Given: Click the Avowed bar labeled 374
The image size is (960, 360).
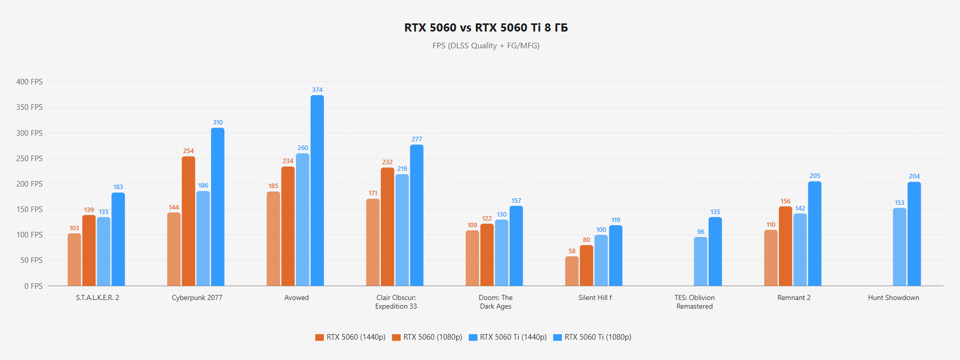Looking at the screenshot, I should (317, 191).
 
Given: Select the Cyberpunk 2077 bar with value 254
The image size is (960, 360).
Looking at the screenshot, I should (189, 221).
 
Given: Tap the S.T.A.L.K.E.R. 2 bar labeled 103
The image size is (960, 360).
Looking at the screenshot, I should (74, 259).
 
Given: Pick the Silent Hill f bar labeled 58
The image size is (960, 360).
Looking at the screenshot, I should (572, 271).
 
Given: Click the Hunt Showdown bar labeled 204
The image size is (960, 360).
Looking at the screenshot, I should (914, 234).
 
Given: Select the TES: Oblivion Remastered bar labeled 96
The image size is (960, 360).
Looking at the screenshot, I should (701, 261).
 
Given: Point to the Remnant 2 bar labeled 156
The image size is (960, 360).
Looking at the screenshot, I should (786, 246).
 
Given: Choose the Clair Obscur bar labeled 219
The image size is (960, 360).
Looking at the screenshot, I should (402, 230).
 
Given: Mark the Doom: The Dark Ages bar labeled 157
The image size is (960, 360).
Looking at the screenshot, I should (516, 246).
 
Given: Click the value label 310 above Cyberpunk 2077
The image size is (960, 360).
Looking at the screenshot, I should (218, 123).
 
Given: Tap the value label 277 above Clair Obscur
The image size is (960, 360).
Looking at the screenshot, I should (417, 139).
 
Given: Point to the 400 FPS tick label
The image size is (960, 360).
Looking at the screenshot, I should (29, 82).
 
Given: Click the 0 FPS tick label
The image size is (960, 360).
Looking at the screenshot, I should (34, 286).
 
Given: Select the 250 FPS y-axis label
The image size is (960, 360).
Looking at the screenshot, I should (29, 159).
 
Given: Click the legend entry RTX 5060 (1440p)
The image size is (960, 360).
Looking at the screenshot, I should (351, 337).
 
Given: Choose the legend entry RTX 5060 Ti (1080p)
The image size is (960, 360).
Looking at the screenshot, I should (593, 337).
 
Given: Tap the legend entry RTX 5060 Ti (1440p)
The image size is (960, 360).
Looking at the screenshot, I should (508, 337).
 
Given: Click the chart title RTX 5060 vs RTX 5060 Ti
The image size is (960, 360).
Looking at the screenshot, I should (486, 28).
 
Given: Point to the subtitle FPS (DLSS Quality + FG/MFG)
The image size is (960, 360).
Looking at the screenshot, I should (486, 46).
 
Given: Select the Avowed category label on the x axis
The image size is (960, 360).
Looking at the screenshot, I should (296, 298).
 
